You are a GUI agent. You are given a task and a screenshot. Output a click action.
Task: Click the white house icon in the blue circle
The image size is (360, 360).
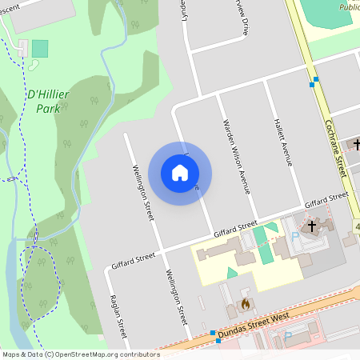[x=180, y=172]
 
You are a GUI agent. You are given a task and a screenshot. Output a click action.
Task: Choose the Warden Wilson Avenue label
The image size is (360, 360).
[x=234, y=158]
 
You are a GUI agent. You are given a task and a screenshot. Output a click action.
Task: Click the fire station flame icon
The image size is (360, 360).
[x=245, y=304]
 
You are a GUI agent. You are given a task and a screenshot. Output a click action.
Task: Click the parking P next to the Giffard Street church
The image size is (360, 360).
[x=294, y=237]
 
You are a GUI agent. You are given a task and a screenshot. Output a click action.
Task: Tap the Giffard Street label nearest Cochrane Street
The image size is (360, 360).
[x=326, y=196]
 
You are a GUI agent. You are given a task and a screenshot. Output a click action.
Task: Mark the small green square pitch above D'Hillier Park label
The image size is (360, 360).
[x=40, y=48]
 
